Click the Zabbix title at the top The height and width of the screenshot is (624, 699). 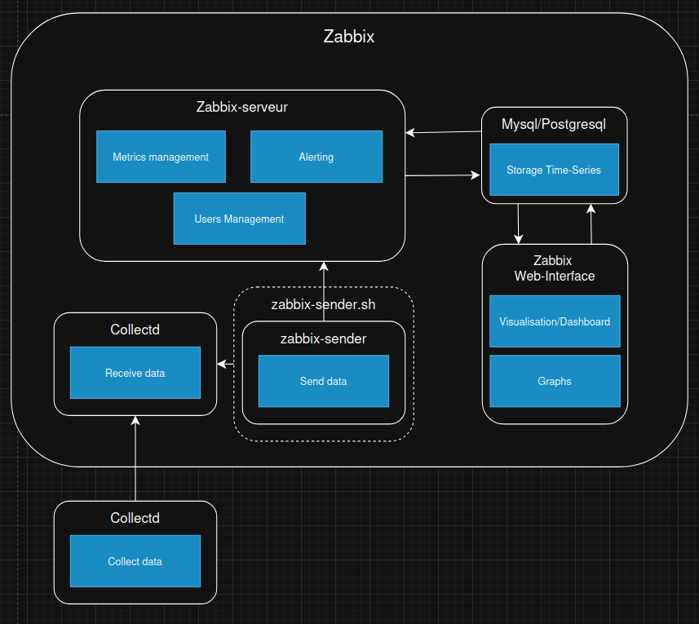tap(348, 37)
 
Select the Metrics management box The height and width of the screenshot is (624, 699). tap(161, 157)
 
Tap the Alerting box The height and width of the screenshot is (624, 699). tap(316, 157)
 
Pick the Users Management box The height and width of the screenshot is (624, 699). tap(239, 219)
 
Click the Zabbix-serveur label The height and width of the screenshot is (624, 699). tap(241, 107)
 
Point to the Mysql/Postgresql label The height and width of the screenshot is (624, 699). tap(553, 124)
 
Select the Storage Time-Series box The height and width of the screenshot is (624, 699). tap(553, 170)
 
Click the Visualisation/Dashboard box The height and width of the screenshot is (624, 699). tap(554, 321)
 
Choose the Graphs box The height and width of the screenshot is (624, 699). tap(554, 381)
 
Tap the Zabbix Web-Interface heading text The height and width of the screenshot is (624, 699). tap(554, 268)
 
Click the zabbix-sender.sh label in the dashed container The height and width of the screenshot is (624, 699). tap(323, 304)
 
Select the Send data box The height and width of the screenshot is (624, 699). tap(323, 381)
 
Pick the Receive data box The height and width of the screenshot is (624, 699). tap(135, 373)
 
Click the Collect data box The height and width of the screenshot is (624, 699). tap(135, 561)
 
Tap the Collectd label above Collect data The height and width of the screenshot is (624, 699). tap(135, 518)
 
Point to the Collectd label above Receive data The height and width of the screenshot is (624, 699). tap(135, 330)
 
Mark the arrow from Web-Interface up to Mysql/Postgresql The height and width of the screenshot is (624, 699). tap(591, 223)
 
